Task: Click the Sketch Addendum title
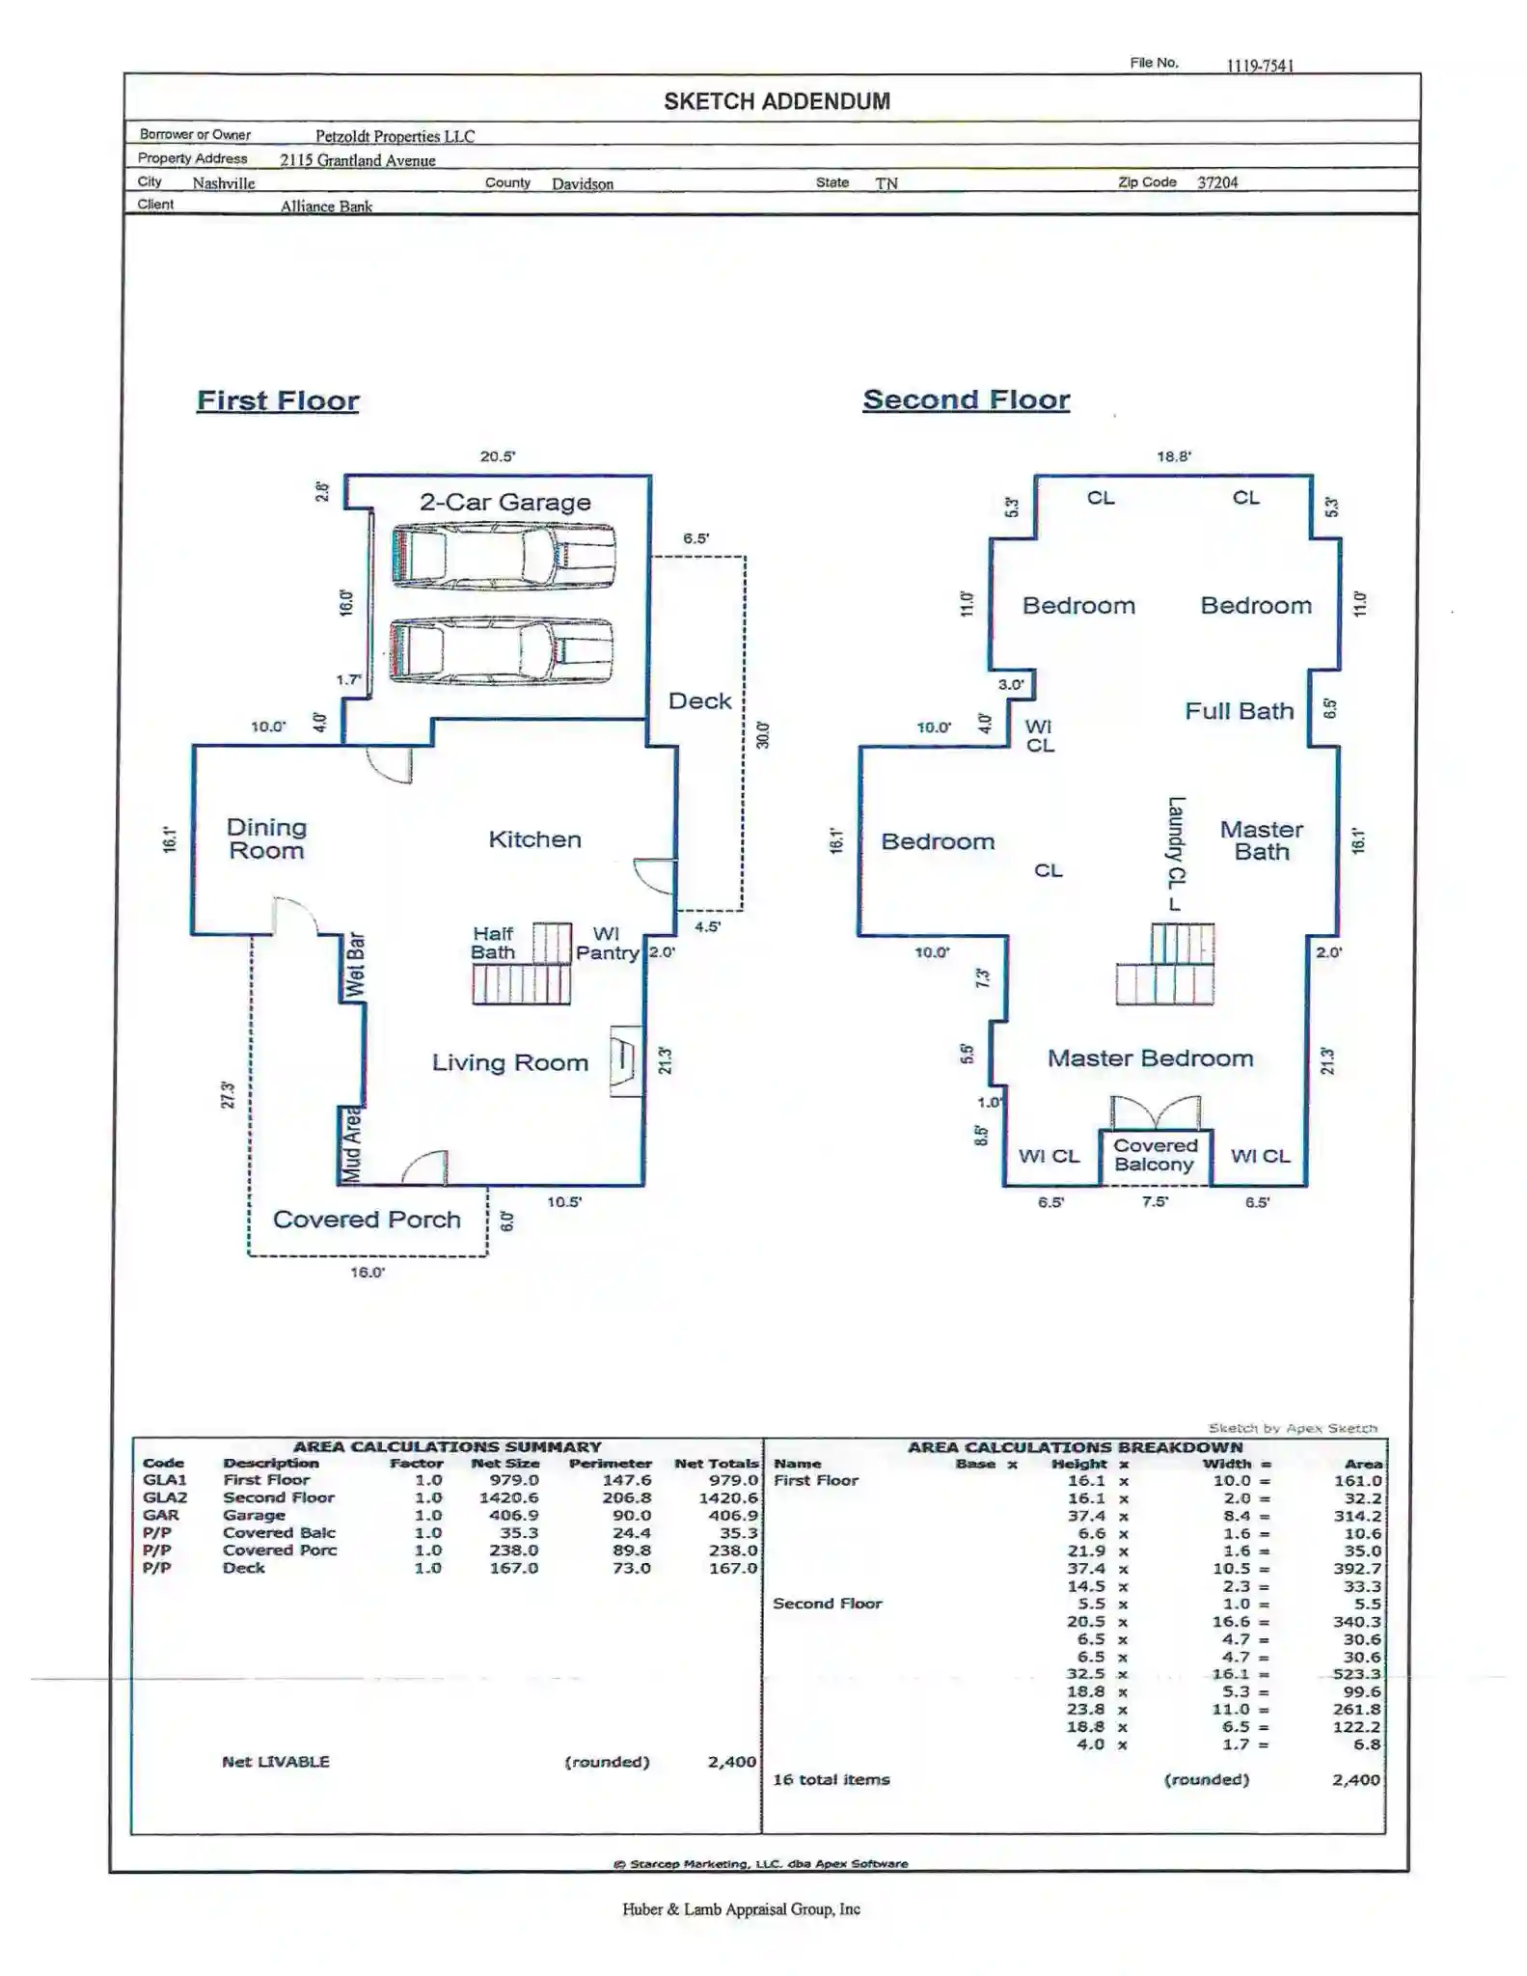[x=777, y=101]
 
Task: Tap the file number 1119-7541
[x=1260, y=66]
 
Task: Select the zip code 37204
[x=1217, y=182]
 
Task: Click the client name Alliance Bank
[x=326, y=206]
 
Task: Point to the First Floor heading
[x=278, y=400]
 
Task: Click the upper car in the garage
[x=504, y=555]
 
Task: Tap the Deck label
[x=700, y=701]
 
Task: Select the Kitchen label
[x=535, y=839]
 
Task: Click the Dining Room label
[x=266, y=838]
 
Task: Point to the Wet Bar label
[x=355, y=965]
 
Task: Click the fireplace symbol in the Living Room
[x=626, y=1060]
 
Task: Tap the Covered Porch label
[x=367, y=1220]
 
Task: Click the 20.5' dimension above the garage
[x=498, y=456]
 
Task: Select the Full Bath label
[x=1240, y=711]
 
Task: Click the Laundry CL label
[x=1176, y=854]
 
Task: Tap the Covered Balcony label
[x=1155, y=1155]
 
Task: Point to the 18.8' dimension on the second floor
[x=1174, y=456]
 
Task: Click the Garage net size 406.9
[x=514, y=1516]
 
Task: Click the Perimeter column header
[x=611, y=1464]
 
